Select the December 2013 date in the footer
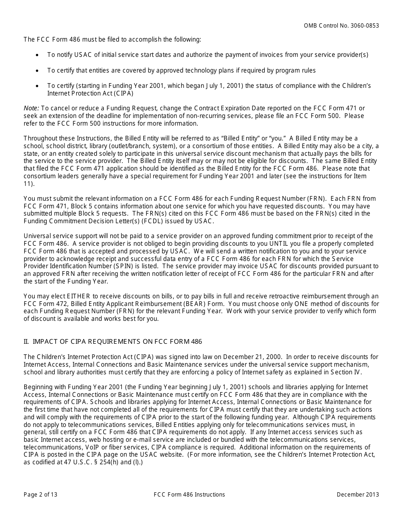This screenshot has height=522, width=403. [x=358, y=494]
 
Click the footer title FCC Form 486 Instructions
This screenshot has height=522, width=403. [x=190, y=494]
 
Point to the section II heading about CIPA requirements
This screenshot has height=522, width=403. [x=113, y=342]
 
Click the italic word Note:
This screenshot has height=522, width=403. [x=31, y=108]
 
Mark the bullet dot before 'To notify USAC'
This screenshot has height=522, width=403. [x=38, y=55]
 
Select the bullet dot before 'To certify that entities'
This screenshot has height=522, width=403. [x=38, y=70]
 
